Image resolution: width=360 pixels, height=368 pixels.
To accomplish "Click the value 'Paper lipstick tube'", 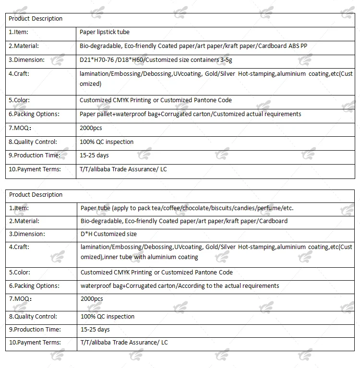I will (x=105, y=32).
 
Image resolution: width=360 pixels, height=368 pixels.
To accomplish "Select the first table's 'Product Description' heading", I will (x=36, y=19).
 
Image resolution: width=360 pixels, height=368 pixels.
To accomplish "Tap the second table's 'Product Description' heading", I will (x=36, y=195).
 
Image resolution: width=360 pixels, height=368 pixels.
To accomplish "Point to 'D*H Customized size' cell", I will (x=108, y=234).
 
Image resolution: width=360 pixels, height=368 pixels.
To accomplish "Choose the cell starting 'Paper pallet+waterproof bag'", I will (x=190, y=114).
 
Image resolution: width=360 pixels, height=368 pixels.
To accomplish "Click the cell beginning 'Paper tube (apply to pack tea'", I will (x=187, y=208).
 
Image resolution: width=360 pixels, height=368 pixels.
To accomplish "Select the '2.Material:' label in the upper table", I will (x=24, y=46).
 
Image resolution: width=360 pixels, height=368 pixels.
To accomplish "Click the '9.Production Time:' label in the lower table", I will (x=35, y=330).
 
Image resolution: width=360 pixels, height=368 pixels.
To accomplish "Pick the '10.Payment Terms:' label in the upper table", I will (x=35, y=169).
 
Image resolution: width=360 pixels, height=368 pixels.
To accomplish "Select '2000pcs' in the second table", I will (x=92, y=299).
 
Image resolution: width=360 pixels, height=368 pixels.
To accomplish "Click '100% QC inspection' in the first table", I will (x=107, y=142).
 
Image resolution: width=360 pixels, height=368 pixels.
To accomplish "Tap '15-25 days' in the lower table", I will (x=95, y=330).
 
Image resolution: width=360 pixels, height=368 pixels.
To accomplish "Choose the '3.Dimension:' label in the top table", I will (x=26, y=60).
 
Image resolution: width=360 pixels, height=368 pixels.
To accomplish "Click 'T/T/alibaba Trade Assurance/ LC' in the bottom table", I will (x=124, y=343).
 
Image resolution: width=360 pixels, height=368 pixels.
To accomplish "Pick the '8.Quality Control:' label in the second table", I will (x=33, y=317).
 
